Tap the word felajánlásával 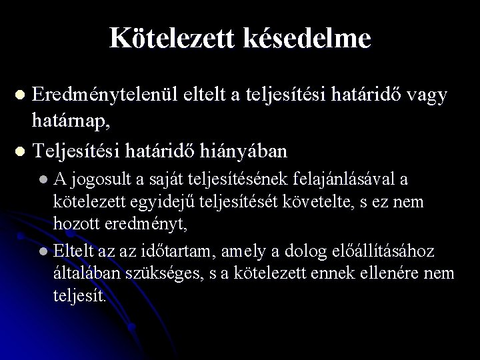[354, 179]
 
